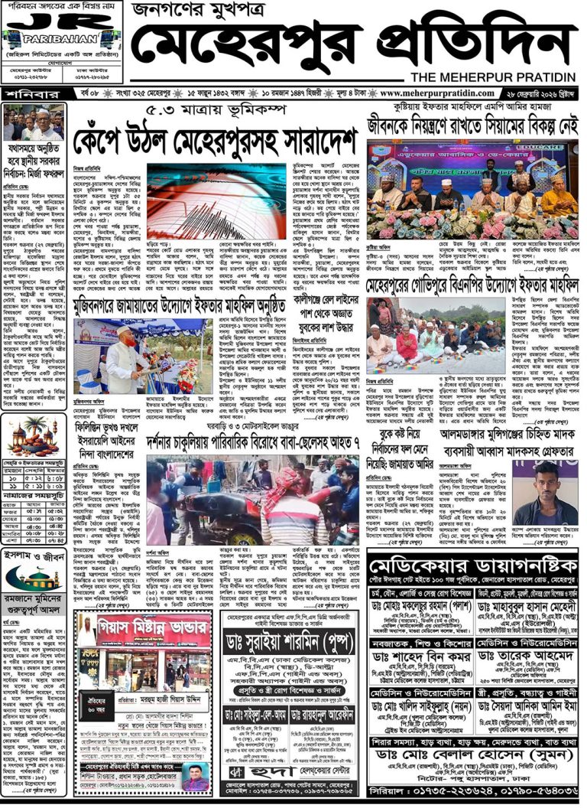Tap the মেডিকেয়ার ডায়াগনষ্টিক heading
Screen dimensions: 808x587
tap(472, 565)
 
